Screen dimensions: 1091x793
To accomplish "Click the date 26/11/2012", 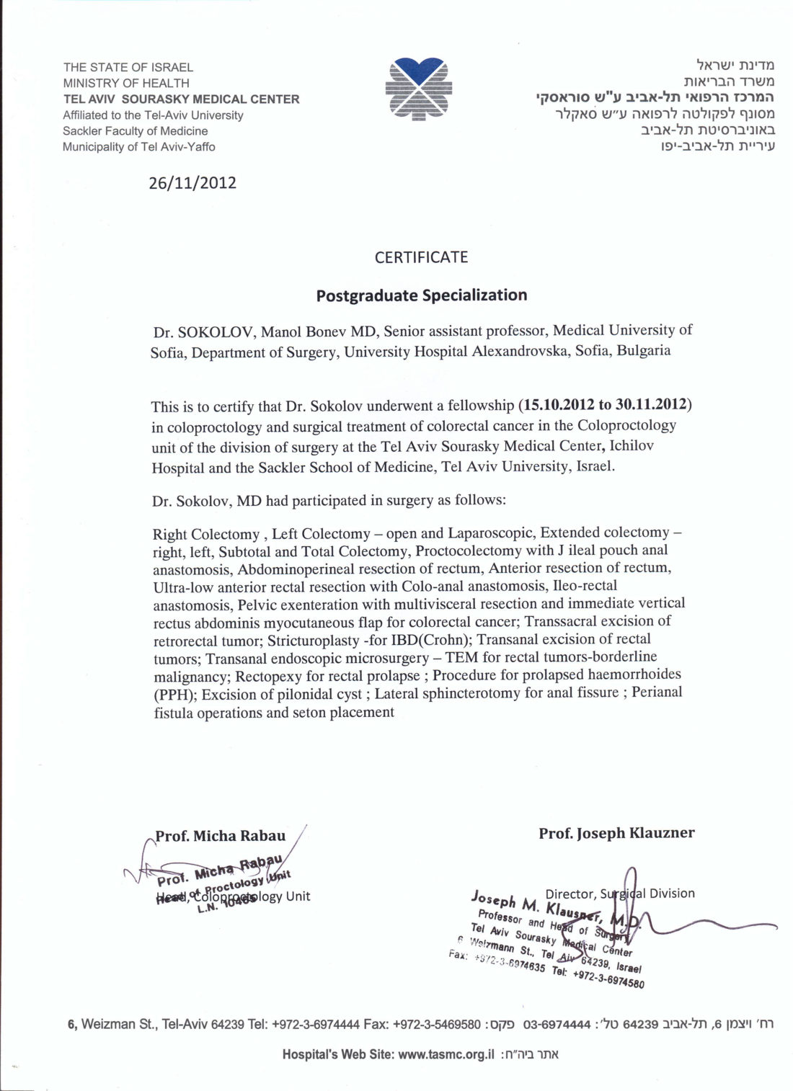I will tap(192, 182).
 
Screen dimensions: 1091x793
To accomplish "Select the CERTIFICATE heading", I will tap(421, 257).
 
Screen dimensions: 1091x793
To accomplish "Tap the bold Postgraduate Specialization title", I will tap(422, 295).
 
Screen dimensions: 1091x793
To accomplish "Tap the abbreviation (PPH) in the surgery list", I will tap(175, 695).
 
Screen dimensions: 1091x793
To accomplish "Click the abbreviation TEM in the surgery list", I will tap(462, 657).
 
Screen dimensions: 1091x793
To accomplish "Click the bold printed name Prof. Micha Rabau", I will tap(221, 836).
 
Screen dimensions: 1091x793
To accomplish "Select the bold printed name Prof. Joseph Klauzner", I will tap(616, 833).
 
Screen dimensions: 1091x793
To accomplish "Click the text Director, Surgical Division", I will tap(620, 894).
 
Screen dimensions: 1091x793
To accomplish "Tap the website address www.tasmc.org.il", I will tap(446, 1054).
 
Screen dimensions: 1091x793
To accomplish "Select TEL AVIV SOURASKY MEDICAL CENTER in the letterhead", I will tap(181, 99).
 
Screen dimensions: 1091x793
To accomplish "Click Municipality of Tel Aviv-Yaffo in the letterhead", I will tap(138, 147).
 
